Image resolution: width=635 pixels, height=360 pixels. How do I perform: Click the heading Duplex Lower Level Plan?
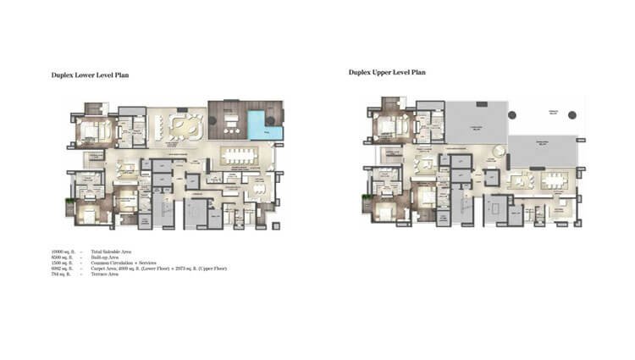pos(90,75)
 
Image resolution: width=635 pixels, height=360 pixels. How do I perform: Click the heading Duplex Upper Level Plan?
pos(387,72)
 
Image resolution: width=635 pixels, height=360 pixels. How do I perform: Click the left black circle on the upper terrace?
pos(512,114)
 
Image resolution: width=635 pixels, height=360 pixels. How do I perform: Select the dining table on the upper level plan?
pos(554,180)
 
